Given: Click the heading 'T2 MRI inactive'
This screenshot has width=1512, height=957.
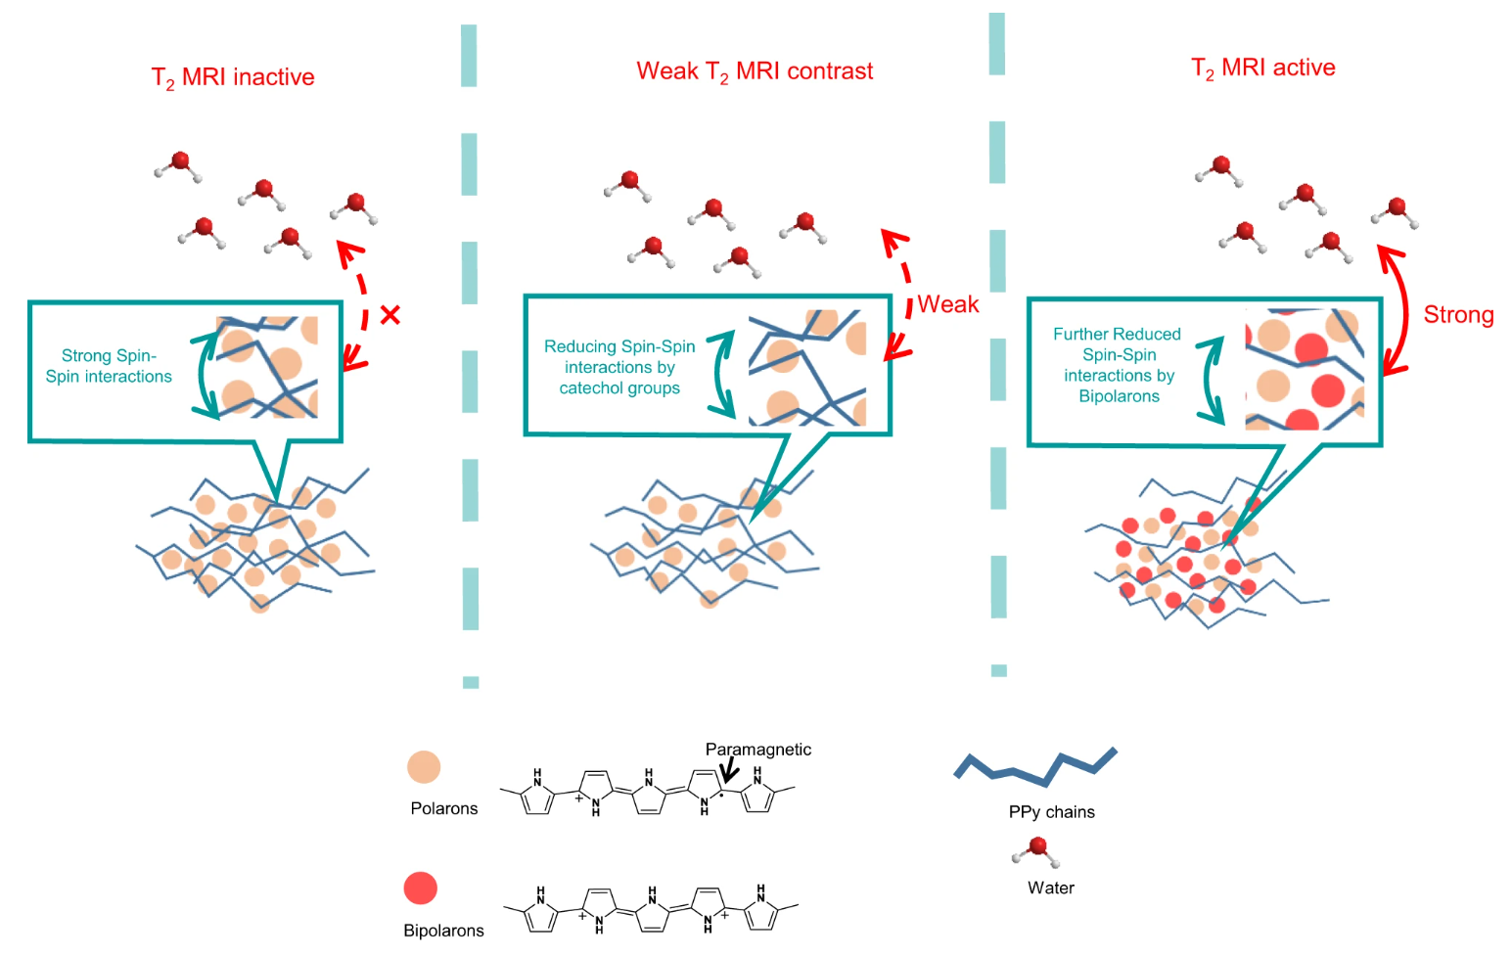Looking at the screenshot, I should click(233, 77).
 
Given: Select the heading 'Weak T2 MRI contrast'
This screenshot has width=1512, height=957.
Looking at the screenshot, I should click(755, 71).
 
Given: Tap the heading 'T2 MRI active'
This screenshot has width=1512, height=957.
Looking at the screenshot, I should click(1262, 68).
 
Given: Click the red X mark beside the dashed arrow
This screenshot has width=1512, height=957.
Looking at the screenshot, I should click(390, 315).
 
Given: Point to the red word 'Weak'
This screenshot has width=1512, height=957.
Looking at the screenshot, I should click(947, 304).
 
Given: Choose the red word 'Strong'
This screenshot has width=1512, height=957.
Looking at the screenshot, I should click(1458, 315).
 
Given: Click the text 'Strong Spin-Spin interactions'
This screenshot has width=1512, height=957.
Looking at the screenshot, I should click(109, 366).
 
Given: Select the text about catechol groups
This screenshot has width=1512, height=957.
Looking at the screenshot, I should click(619, 367).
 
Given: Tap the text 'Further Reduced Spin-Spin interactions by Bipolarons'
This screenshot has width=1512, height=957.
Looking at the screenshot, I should click(1118, 365).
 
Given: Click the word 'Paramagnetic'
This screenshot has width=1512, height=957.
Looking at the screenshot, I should click(757, 750).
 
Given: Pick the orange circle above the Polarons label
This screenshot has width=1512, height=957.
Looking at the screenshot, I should click(424, 767).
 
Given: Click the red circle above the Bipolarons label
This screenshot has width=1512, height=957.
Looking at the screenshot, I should click(421, 889).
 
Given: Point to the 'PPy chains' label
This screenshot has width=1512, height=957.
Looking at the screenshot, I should click(1051, 812).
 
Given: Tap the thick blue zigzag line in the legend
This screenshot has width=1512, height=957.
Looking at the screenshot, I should click(1035, 767).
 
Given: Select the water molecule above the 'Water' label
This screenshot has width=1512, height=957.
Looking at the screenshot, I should click(1036, 850).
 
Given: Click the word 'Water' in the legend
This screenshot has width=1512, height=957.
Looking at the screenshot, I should click(1051, 889).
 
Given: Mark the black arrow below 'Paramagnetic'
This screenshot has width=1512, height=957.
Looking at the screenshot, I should click(729, 772).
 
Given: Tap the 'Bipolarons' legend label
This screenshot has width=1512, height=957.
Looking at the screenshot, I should click(443, 931).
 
